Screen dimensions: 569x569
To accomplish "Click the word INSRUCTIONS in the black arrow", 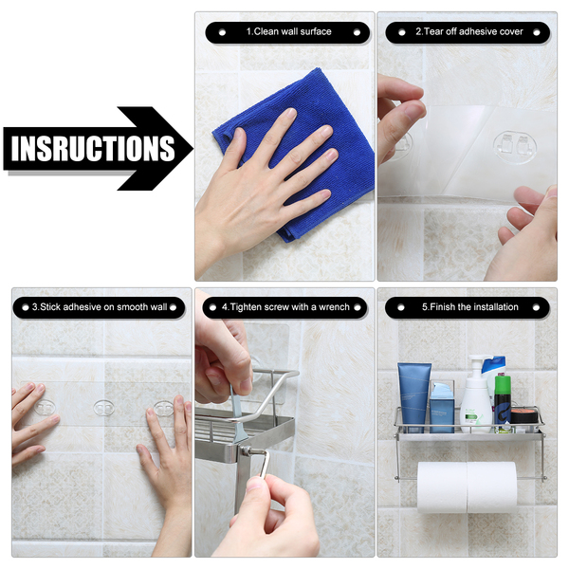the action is [93, 149].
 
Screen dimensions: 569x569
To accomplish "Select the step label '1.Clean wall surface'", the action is [289, 31].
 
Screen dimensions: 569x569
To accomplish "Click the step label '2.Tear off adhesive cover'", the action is [469, 31].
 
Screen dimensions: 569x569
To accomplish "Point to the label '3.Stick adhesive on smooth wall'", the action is [100, 307].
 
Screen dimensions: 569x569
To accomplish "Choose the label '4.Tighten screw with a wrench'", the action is [285, 307].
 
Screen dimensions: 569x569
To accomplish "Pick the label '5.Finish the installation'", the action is [470, 307].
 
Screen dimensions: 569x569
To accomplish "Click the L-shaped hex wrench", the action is [262, 463].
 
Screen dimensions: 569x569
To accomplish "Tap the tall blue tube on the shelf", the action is [414, 397].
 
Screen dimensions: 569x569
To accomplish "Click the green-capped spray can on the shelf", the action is [503, 402].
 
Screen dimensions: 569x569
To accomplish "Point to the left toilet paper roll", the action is [442, 486].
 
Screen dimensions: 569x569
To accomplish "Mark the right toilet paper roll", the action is [491, 486].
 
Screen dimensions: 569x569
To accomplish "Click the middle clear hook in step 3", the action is [103, 408].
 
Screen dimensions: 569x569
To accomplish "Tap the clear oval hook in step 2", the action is [515, 147].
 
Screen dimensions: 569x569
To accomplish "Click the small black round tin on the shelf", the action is [524, 415].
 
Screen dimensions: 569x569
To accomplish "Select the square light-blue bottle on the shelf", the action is [442, 407].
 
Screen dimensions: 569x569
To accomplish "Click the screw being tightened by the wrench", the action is [247, 451].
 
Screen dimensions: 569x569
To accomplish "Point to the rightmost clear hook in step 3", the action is [164, 409].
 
